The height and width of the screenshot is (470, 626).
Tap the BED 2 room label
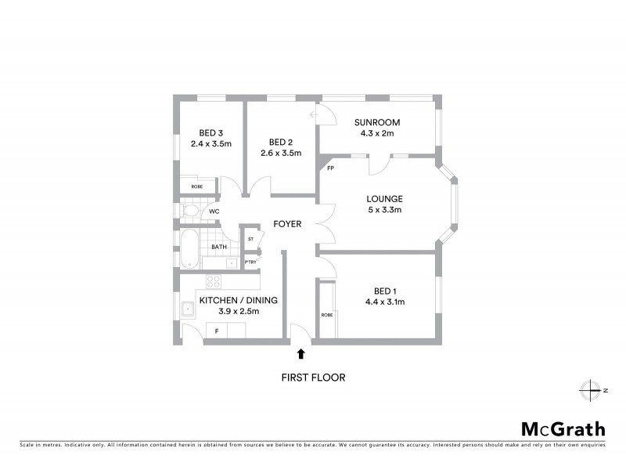pos(280,142)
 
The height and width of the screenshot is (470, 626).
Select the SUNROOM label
pos(376,122)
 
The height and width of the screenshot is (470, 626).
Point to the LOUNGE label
pos(384,199)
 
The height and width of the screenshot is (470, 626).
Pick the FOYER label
pos(287,224)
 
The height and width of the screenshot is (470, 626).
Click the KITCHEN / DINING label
pos(239,300)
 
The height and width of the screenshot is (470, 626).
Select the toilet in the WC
pos(190,211)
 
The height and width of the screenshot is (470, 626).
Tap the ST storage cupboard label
pos(251,238)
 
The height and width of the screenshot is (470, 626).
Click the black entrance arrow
pos(301,355)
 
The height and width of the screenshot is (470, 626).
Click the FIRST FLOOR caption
pos(313,378)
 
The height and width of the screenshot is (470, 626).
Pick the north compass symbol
pos(588,389)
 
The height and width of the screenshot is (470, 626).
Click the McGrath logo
pos(563,428)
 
